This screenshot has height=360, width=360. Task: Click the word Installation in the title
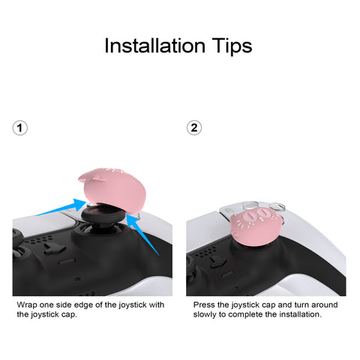(x=154, y=46)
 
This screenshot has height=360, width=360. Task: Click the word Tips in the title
(x=232, y=46)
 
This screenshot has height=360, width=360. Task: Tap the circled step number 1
(x=20, y=128)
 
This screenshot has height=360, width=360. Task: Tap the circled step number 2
(x=194, y=128)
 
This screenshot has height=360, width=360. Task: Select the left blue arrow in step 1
(x=61, y=208)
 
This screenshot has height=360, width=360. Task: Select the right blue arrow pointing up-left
(x=142, y=234)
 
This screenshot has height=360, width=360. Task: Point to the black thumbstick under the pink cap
(x=103, y=217)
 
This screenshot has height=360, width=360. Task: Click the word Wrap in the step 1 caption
(x=27, y=305)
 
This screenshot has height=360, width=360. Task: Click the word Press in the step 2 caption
(x=204, y=305)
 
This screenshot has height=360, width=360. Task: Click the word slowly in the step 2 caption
(x=205, y=314)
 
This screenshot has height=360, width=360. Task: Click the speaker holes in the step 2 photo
(x=205, y=252)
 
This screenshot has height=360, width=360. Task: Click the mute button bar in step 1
(x=67, y=261)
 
